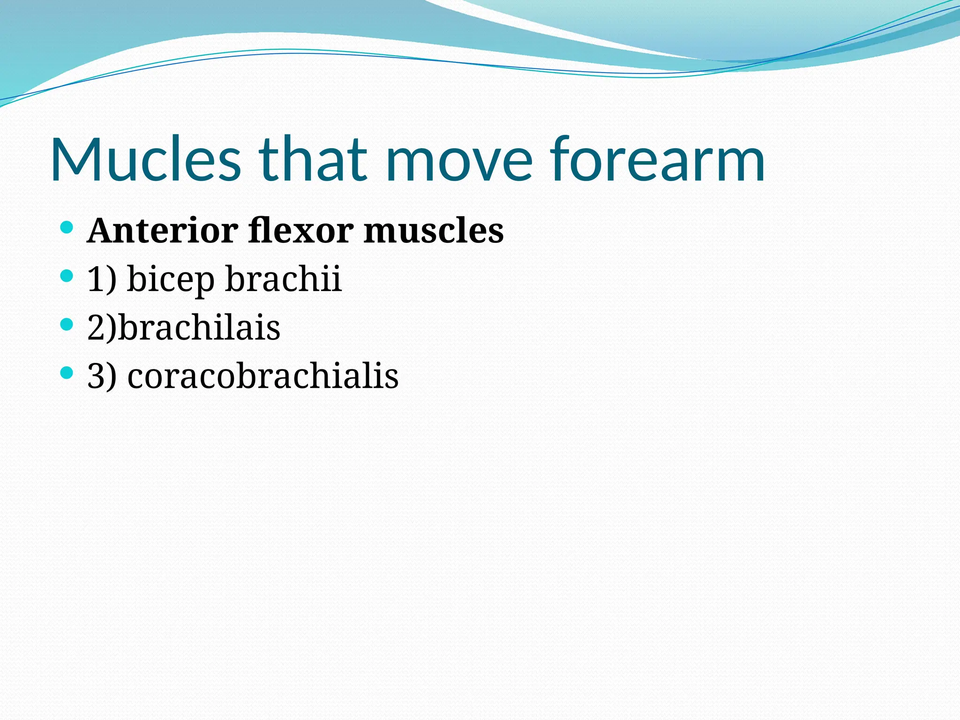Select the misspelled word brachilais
point(199,327)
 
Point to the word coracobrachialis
point(263,375)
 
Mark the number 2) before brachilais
point(102,327)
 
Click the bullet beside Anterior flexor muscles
point(67,228)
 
